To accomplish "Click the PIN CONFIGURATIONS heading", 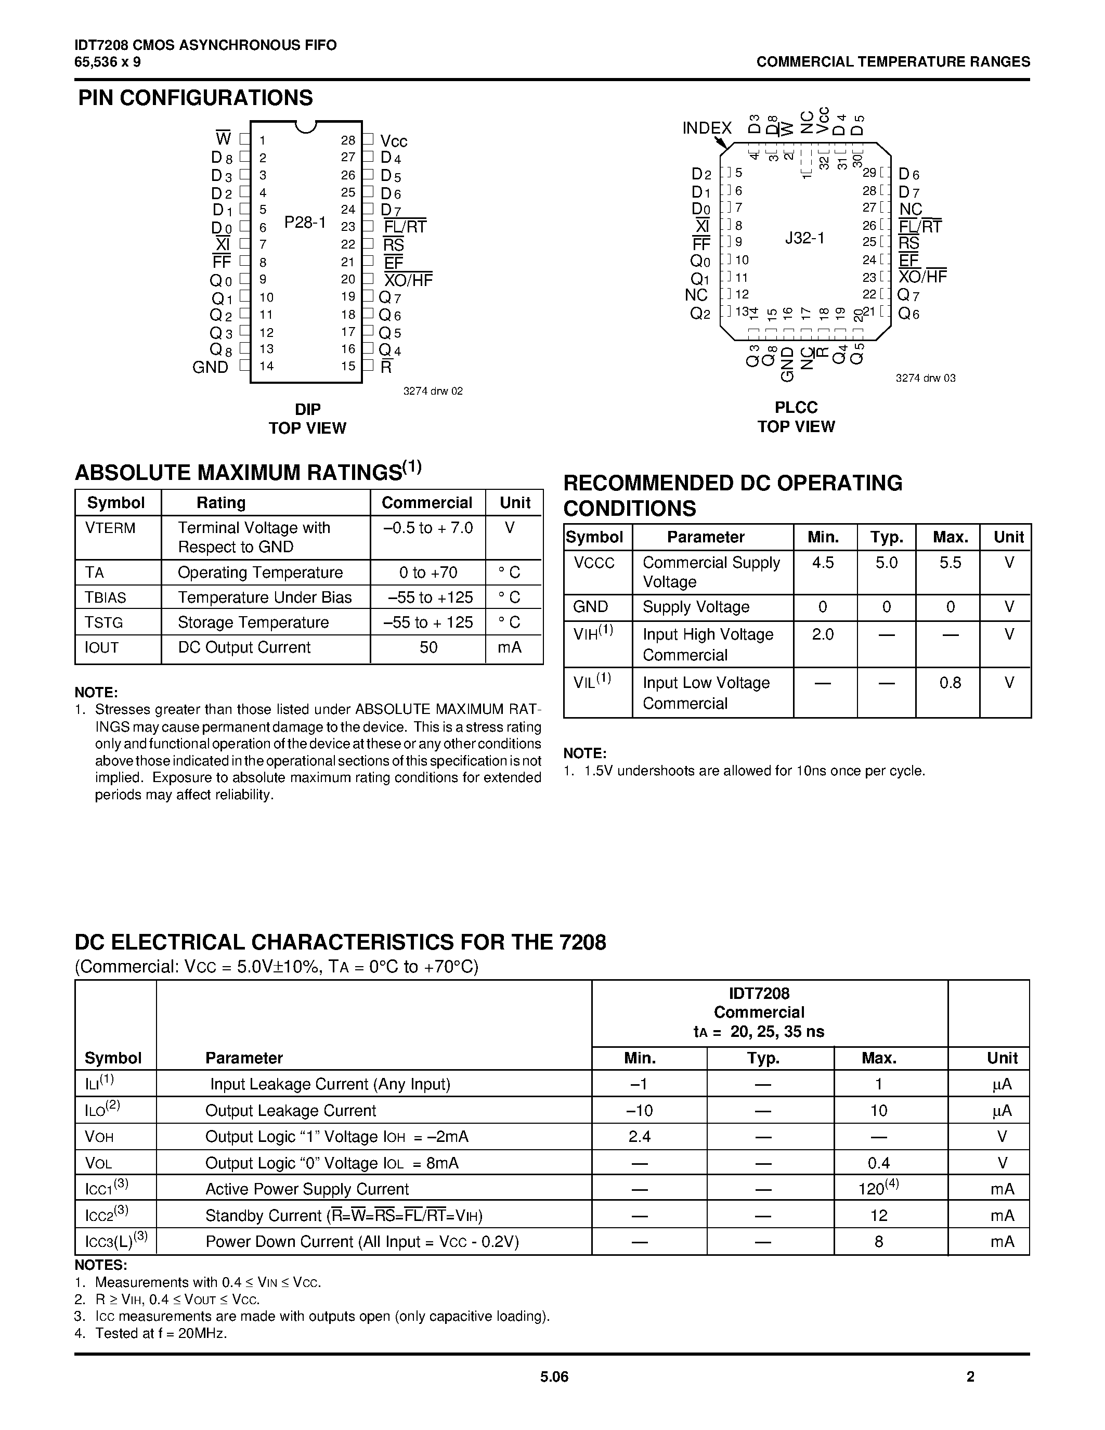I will pos(195,98).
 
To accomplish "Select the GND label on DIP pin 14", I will pos(210,367).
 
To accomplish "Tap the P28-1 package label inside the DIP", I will pos(305,223).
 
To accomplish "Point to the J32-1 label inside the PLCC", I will pos(804,238).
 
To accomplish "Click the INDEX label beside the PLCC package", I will pos(706,128).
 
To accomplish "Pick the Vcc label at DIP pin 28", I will pos(394,141).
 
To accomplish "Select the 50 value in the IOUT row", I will pos(428,647).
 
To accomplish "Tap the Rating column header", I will pos(222,503).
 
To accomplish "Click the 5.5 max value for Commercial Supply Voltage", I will pos(950,563).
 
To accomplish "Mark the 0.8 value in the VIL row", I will pos(950,683).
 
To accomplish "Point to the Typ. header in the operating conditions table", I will pos(887,538).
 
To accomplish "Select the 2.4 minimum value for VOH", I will pos(639,1137).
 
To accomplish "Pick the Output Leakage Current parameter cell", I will pos(291,1111).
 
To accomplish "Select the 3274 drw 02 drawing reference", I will pos(433,391).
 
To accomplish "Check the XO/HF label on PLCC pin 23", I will pos(922,277).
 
